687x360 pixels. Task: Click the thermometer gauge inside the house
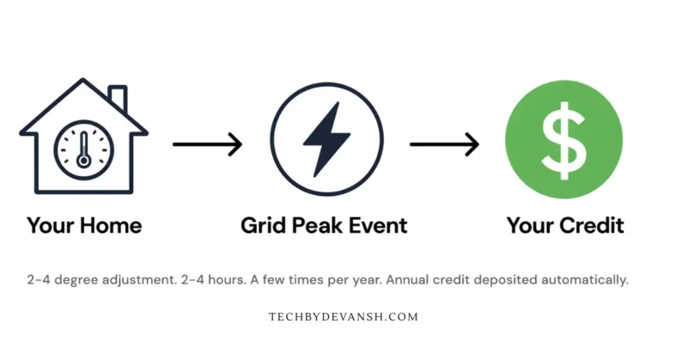pos(83,149)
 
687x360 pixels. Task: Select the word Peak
pos(322,226)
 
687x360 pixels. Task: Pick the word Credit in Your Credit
pos(592,226)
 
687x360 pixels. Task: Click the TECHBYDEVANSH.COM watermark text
pos(343,317)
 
